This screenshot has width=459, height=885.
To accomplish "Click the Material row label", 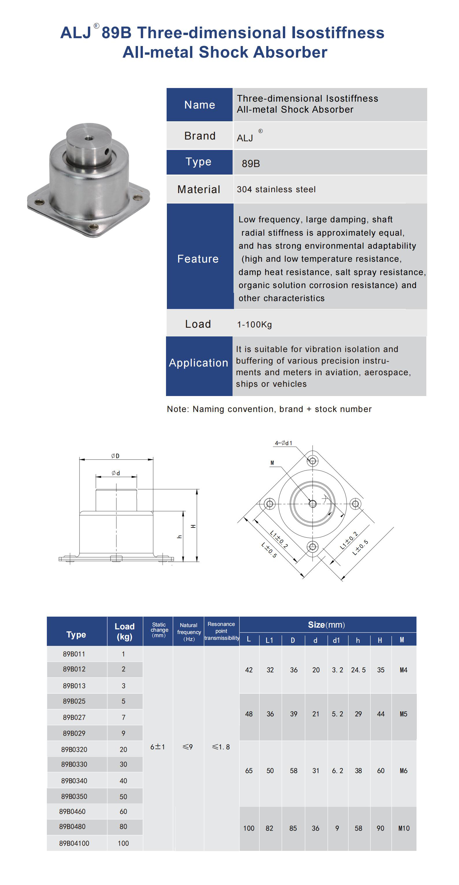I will pos(199,189).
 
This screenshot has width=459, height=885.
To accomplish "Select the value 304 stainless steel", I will pos(276,189).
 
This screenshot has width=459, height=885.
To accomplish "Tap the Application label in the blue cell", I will pos(198,363).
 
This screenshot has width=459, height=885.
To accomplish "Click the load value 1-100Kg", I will pos(255,324).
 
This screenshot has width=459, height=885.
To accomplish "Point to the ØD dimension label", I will pos(115,456).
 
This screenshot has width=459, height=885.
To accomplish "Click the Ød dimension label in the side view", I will pos(116,473).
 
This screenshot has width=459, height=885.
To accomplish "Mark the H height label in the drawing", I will pos(193,526).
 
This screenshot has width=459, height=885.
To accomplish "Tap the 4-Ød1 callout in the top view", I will pos(283,443).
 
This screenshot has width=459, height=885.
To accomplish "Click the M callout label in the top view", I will pos(272,463).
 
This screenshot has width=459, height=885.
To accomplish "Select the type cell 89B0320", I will pos(74,749).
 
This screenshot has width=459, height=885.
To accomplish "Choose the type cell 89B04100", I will pos(74,843).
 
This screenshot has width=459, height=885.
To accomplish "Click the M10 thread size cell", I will pos(404,828).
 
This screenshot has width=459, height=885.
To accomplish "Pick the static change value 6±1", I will pos(158,747).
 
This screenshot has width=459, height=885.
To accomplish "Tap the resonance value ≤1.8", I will pos(221,747).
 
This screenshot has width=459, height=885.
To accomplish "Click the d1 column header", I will pos(336,640).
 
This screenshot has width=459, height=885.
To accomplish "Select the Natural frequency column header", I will pos(189,632).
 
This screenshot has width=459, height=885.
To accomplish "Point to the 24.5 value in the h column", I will pos(358,670).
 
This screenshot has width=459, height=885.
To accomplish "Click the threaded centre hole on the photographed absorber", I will pos(89,138).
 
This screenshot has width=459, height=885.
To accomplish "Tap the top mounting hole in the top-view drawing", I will pos(312,461).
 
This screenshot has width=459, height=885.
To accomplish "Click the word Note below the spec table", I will pos(177,409).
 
